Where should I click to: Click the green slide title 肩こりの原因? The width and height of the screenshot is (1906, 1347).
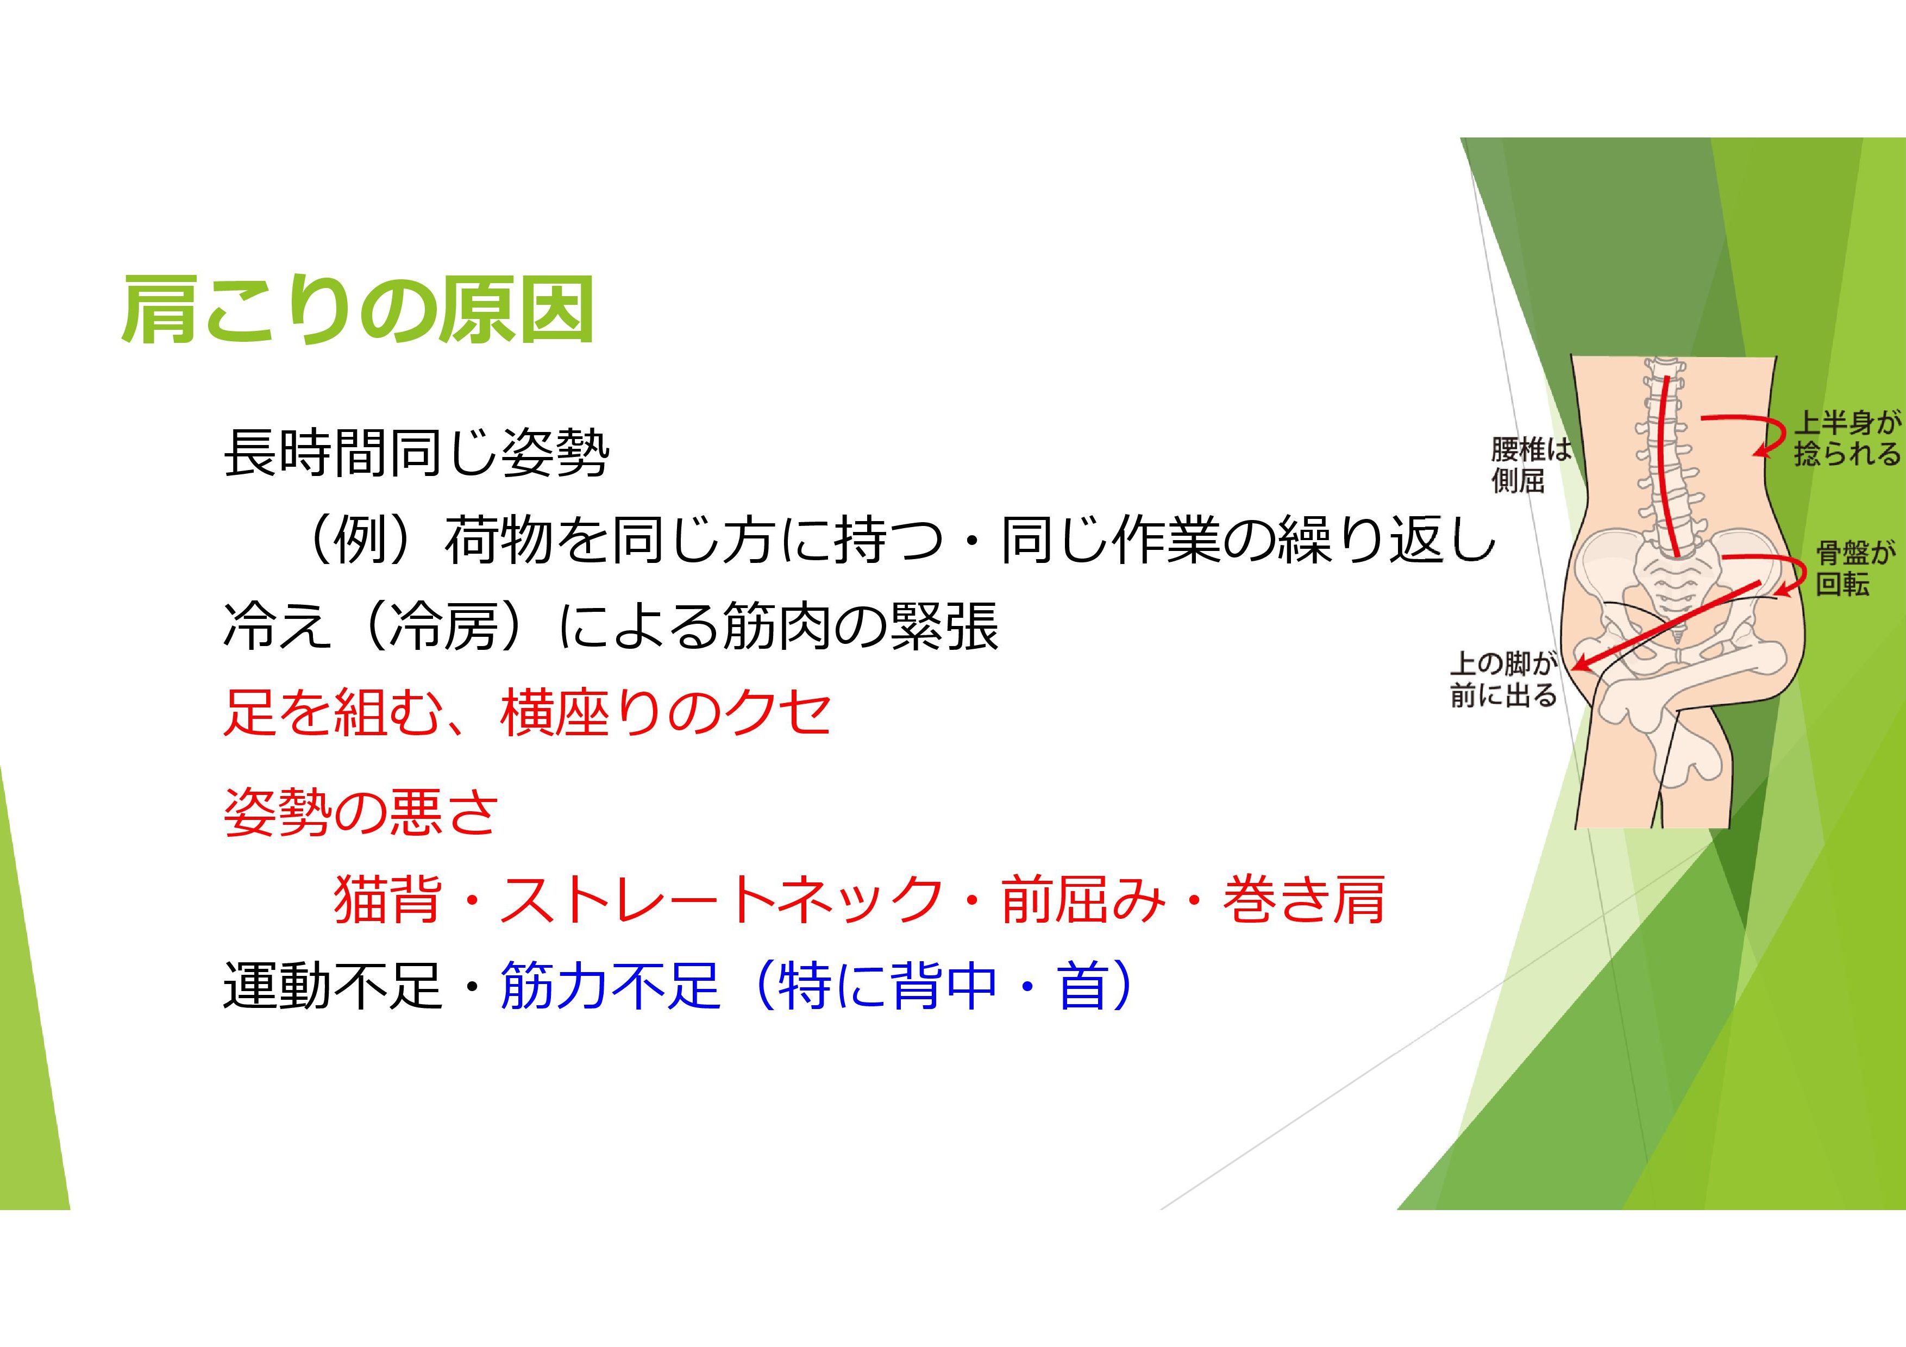pos(359,310)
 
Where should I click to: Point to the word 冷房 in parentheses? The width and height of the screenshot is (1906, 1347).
pos(444,626)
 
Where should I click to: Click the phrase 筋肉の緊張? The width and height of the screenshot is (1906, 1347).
pos(860,626)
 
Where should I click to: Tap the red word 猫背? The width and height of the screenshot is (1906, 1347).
pos(387,900)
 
